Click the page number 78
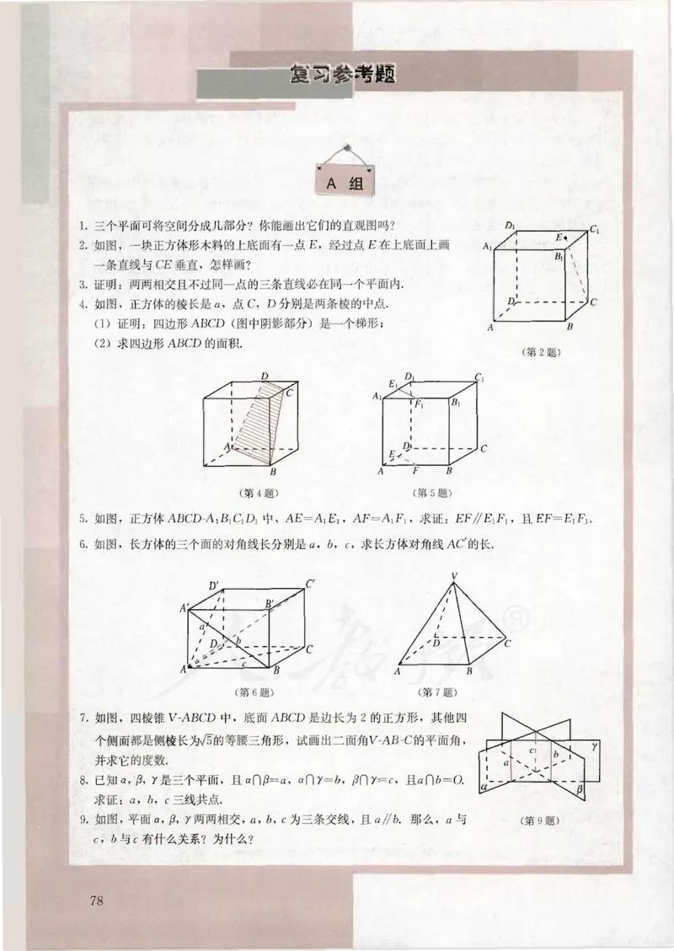[96, 901]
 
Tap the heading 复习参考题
[341, 74]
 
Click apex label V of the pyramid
[454, 576]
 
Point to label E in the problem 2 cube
[557, 238]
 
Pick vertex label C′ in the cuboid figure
[311, 583]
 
